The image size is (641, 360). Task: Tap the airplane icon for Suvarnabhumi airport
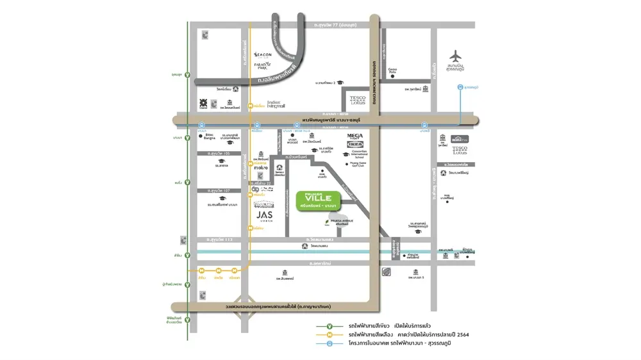tap(456, 56)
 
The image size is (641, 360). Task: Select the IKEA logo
tap(355, 144)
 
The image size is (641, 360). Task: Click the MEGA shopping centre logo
tap(355, 136)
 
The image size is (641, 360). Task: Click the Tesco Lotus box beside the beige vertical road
tap(358, 100)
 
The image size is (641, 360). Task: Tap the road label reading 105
tap(214, 154)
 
